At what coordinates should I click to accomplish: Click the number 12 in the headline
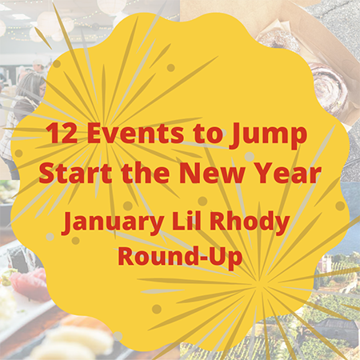click(x=62, y=133)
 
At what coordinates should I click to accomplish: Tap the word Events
click(x=135, y=133)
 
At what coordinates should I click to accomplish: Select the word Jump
click(x=267, y=135)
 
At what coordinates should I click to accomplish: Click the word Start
click(x=75, y=173)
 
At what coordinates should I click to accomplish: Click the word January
click(x=113, y=222)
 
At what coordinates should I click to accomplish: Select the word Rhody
click(x=250, y=222)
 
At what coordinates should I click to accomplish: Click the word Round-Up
click(x=180, y=256)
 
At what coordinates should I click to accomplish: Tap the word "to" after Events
click(x=206, y=134)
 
